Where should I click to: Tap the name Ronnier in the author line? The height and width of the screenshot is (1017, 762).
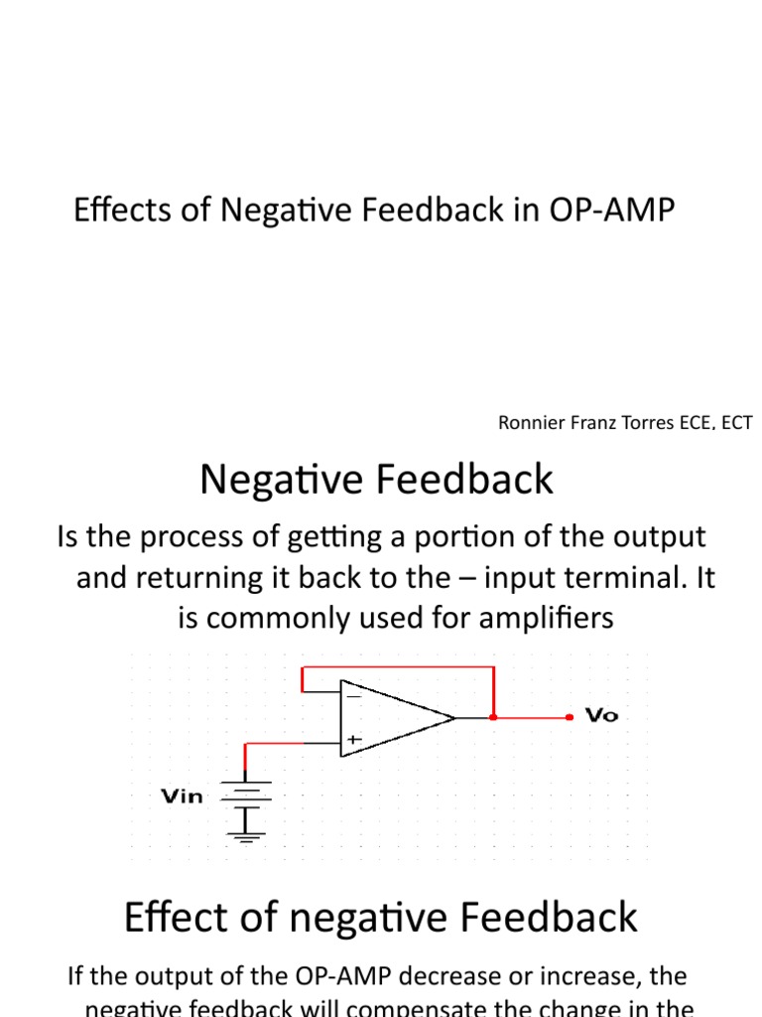528,424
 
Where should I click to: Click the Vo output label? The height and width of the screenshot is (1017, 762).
602,716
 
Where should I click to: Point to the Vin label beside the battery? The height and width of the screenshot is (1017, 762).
182,796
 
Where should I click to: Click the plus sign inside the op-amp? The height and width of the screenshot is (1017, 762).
353,740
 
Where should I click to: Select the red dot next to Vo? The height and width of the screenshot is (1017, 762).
569,716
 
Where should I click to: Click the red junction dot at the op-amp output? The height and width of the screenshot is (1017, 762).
493,716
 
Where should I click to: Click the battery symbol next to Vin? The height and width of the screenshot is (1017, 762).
245,795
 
